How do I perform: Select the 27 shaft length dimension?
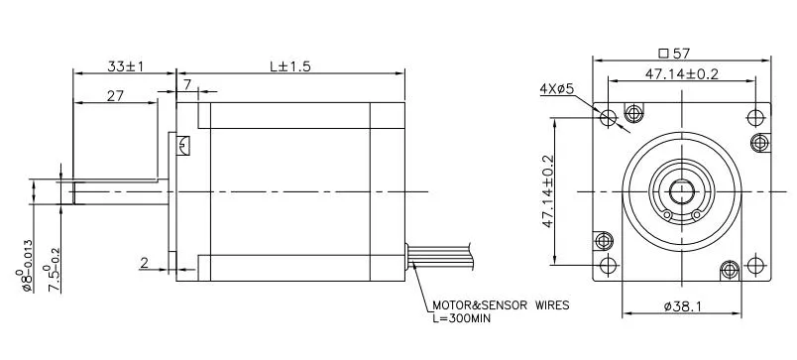tap(115, 95)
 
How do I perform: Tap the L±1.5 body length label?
tap(288, 66)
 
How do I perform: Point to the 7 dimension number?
tap(186, 86)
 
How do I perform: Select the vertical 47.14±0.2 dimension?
tap(548, 191)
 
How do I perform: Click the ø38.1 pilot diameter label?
tap(682, 307)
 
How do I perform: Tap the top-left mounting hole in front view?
tap(609, 117)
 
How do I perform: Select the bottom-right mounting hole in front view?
tap(755, 266)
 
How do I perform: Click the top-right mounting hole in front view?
tap(755, 117)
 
